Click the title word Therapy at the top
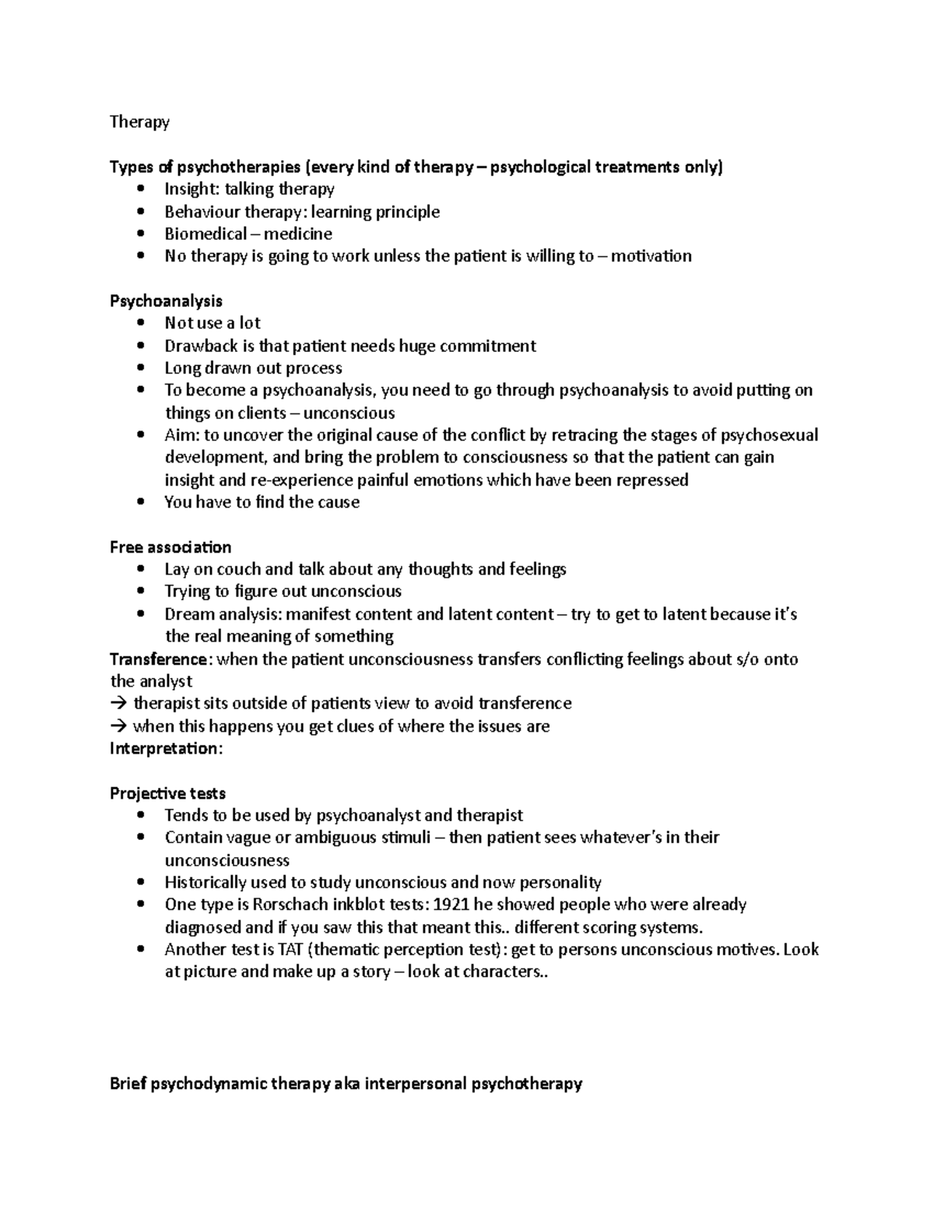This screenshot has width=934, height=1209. pyautogui.click(x=139, y=122)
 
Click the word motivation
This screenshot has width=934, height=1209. pyautogui.click(x=651, y=256)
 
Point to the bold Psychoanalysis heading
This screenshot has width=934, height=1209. pyautogui.click(x=166, y=301)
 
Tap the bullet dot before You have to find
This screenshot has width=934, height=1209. pyautogui.click(x=140, y=503)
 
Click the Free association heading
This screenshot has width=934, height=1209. pyautogui.click(x=170, y=547)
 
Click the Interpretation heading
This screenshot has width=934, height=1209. pyautogui.click(x=166, y=749)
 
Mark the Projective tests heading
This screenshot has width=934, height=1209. pyautogui.click(x=167, y=794)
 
